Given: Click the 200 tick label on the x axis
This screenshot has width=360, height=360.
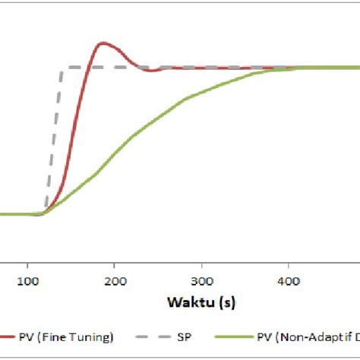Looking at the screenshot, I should click(115, 281).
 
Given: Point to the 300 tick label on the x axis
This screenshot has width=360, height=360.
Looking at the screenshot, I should click(201, 281).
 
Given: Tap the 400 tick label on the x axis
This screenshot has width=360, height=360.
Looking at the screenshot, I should click(288, 281).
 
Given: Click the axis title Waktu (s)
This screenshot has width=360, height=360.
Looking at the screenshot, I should click(201, 303).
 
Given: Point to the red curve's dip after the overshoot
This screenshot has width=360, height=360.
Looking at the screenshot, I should click(153, 71).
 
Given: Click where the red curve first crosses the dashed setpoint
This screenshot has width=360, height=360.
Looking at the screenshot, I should click(88, 68).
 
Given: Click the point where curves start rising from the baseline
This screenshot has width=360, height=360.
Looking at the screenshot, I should click(42, 213).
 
